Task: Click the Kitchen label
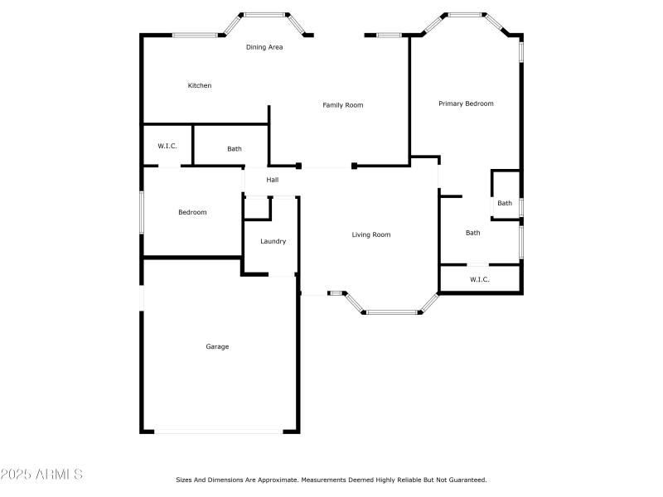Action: (x=200, y=85)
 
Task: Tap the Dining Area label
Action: (x=264, y=47)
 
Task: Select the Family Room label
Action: (x=343, y=105)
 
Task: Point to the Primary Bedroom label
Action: (x=466, y=104)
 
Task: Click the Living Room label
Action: (x=370, y=234)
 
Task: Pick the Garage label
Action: (x=217, y=346)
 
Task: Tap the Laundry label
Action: (x=273, y=241)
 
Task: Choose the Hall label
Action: (x=272, y=180)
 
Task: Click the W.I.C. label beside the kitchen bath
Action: (x=167, y=146)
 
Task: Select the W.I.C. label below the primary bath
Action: (x=480, y=279)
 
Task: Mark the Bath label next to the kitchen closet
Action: (x=235, y=149)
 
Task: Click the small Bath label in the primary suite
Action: (x=505, y=203)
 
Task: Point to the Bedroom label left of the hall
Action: (x=192, y=212)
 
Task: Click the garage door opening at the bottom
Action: (x=219, y=431)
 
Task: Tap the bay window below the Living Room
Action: (x=392, y=312)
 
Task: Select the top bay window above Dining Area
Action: (x=264, y=14)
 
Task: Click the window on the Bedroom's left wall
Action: (x=142, y=212)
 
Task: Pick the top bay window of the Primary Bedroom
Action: (x=466, y=14)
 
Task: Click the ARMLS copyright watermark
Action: (x=41, y=475)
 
